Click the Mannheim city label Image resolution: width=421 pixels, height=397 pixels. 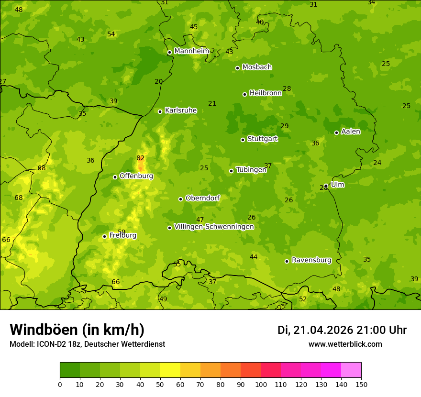tap(191, 51)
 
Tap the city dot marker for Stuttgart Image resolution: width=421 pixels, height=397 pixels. tap(243, 140)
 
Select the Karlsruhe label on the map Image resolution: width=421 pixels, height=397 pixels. tap(180, 110)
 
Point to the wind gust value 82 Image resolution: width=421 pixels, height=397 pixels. tap(140, 158)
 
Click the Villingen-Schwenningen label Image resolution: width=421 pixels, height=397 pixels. tap(214, 227)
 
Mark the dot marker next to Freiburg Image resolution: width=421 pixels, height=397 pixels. tap(104, 236)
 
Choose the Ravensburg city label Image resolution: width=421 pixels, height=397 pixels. tap(311, 260)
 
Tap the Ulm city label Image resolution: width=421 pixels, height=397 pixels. tap(337, 185)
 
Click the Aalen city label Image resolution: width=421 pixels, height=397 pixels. tap(351, 132)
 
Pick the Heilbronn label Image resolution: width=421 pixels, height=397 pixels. tap(266, 93)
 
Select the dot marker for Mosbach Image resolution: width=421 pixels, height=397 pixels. tap(237, 68)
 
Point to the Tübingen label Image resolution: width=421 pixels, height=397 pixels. tap(251, 170)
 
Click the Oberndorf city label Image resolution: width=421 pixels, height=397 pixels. tap(202, 198)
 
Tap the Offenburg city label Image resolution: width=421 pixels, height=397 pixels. tap(136, 176)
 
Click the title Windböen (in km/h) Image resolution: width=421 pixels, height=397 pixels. tap(77, 330)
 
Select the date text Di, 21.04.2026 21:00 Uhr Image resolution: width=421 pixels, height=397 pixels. tap(342, 330)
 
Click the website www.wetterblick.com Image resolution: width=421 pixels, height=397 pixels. tap(345, 344)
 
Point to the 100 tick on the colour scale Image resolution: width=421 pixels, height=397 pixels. tap(261, 384)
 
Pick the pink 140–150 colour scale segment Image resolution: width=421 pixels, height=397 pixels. tap(351, 370)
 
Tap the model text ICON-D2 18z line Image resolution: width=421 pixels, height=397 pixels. tap(87, 344)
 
